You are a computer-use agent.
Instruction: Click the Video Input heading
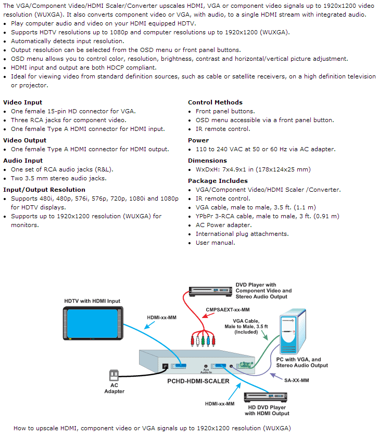pyautogui.click(x=22, y=102)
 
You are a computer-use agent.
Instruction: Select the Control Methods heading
pyautogui.click(x=215, y=102)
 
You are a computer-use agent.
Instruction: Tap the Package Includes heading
pyautogui.click(x=218, y=181)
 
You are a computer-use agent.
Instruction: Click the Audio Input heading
pyautogui.click(x=23, y=161)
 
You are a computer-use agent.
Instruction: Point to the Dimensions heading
pyautogui.click(x=207, y=161)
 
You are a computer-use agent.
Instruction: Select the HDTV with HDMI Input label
pyautogui.click(x=92, y=301)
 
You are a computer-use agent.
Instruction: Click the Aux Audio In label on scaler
pyautogui.click(x=207, y=370)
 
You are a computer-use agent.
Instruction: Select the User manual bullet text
pyautogui.click(x=216, y=243)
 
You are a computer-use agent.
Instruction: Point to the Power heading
pyautogui.click(x=198, y=140)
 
